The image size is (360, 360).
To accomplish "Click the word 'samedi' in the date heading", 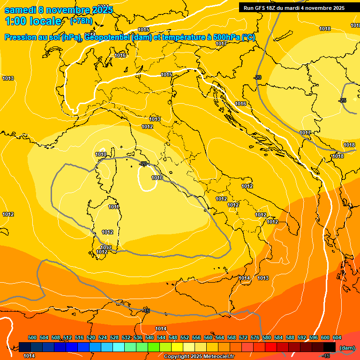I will pyautogui.click(x=18, y=10).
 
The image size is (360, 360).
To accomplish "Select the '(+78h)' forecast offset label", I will pyautogui.click(x=81, y=21).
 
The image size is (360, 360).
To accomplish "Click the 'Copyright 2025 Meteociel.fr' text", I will pyautogui.click(x=199, y=356).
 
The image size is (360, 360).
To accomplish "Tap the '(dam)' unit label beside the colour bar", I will pyautogui.click(x=346, y=347).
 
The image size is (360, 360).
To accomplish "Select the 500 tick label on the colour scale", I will pyautogui.click(x=32, y=337).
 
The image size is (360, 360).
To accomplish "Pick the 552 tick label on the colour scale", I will pyautogui.click(x=185, y=337).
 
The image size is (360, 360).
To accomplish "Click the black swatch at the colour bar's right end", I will pyautogui.click(x=330, y=347).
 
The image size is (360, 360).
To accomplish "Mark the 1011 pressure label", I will pyautogui.click(x=113, y=207).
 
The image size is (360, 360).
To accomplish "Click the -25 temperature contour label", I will pyautogui.click(x=343, y=100).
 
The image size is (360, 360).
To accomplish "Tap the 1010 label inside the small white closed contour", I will pyautogui.click(x=157, y=178).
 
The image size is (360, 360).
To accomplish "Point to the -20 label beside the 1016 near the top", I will pyautogui.click(x=257, y=77).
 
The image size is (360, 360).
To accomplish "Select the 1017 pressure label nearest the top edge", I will pyautogui.click(x=221, y=44).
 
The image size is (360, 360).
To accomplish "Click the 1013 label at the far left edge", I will pyautogui.click(x=7, y=78).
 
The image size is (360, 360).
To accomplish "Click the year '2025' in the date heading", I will pyautogui.click(x=99, y=10).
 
